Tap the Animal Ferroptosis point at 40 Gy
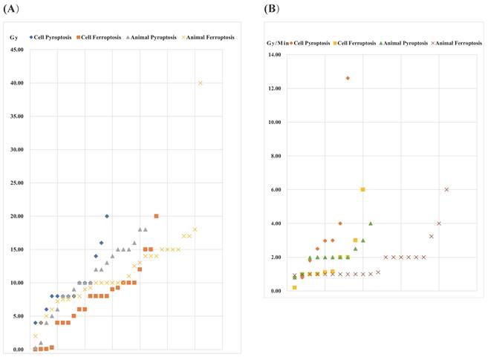point(201,83)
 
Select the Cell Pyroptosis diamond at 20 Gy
point(107,216)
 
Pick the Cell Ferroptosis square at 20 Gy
point(156,216)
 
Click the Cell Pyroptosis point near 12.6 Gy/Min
point(348,78)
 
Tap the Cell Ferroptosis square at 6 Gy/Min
point(362,189)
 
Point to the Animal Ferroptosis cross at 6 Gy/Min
point(446,189)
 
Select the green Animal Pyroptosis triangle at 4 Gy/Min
point(370,223)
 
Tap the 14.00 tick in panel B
point(274,55)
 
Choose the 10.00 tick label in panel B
point(274,122)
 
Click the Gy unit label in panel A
point(13,36)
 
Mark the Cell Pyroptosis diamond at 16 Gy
point(102,243)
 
